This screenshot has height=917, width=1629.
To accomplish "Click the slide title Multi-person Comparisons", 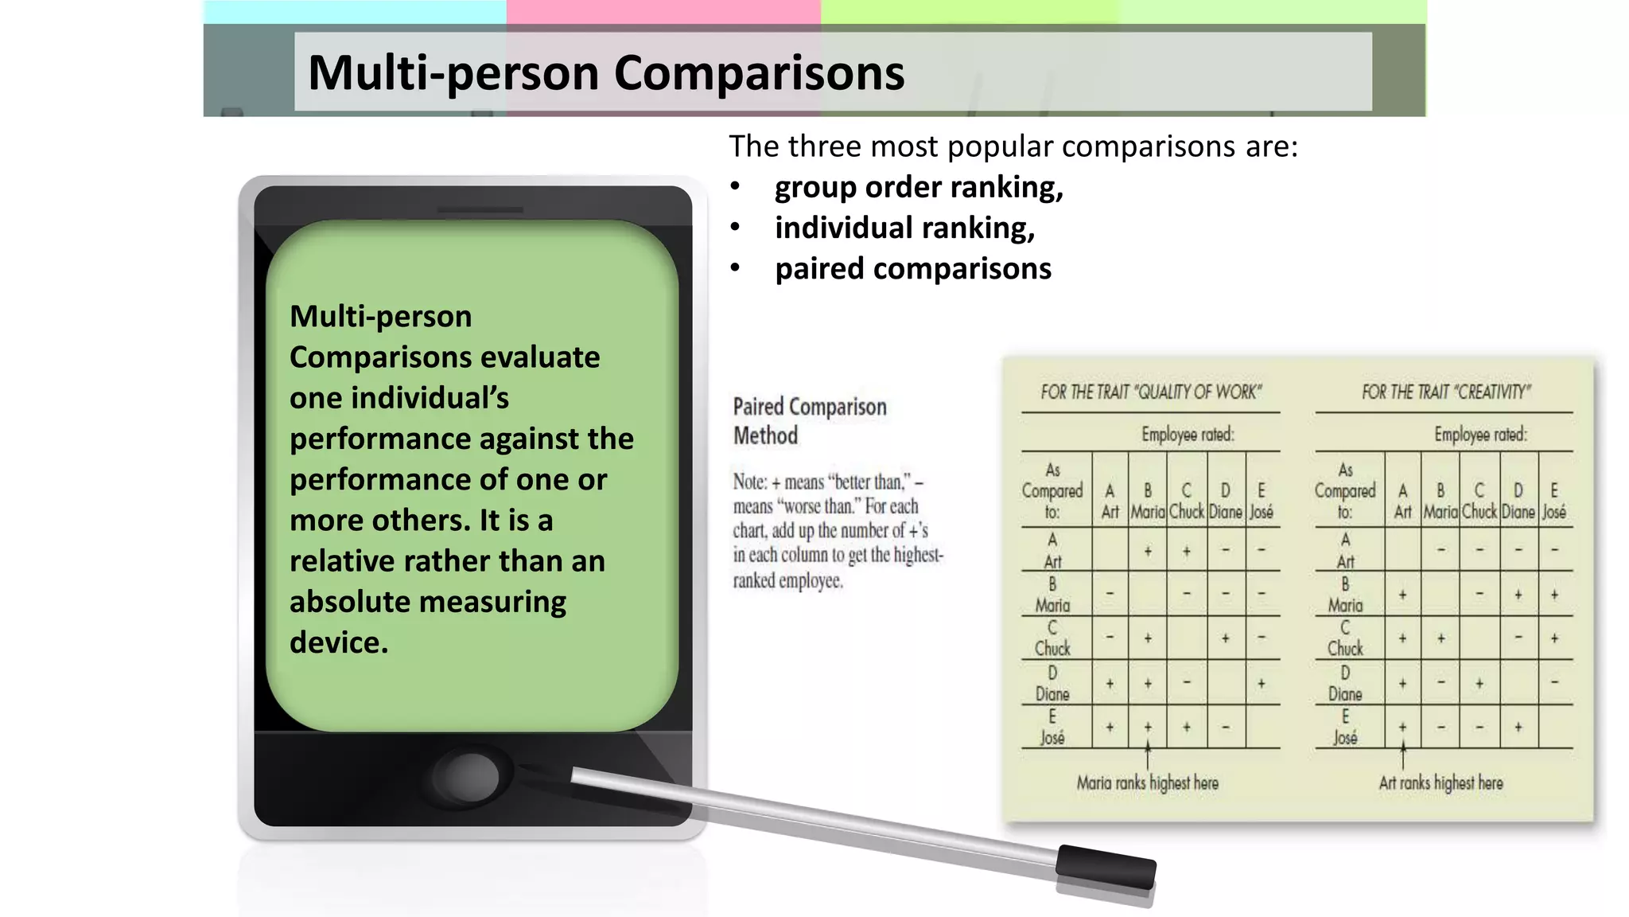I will click(606, 73).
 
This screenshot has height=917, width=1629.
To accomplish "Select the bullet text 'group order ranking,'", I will click(919, 188).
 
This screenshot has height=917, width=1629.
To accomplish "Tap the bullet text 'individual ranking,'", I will click(904, 228).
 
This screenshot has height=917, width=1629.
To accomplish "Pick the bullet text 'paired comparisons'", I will click(913, 269).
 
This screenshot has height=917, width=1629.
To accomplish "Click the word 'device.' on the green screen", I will click(339, 642).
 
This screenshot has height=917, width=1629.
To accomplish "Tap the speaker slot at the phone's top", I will click(480, 210).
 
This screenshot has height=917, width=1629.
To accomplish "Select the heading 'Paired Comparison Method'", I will click(809, 421).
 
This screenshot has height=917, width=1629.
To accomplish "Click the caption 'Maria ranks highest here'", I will click(1147, 783).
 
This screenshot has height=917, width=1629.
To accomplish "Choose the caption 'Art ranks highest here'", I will click(1440, 783).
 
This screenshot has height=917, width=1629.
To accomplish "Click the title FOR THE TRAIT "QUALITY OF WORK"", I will click(1150, 392).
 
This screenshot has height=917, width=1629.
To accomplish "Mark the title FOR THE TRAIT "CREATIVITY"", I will click(1445, 392).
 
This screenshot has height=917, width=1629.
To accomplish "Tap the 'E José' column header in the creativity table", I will click(1554, 501).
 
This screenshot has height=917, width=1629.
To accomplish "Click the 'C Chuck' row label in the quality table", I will click(1052, 638).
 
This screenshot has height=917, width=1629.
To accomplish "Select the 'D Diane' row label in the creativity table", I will click(1345, 684).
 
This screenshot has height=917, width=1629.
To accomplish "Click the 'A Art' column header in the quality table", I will click(1110, 501).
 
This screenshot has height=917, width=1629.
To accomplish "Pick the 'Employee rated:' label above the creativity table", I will click(1480, 435).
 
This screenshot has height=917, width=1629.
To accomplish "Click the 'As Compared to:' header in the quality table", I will click(1052, 491).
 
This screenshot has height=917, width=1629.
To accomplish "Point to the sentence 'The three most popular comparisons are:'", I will click(1013, 147).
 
